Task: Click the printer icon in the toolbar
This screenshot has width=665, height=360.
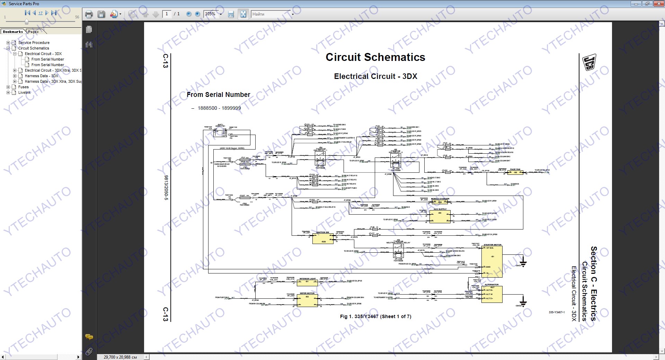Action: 89,14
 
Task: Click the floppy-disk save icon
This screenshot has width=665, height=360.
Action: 101,14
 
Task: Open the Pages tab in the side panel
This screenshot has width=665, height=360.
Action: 34,31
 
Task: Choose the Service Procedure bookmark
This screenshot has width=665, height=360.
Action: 34,43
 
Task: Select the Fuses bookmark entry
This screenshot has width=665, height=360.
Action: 24,87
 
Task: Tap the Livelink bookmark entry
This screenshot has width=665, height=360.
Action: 25,92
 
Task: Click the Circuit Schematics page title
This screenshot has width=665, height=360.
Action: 375,57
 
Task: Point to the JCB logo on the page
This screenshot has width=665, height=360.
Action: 589,62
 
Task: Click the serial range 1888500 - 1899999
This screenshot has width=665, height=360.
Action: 219,108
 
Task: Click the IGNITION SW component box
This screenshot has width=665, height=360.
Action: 323,239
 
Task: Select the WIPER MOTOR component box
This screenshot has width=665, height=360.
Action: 307,300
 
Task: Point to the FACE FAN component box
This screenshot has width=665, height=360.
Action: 515,172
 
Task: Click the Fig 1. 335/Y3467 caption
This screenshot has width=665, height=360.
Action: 375,316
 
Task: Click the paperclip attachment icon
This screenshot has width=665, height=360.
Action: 89,352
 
